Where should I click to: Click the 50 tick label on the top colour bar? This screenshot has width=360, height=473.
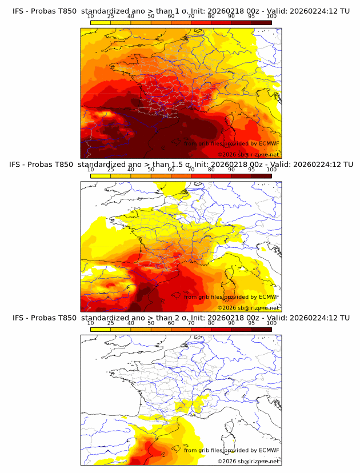(x=151, y=17)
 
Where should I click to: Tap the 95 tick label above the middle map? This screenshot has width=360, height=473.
(x=251, y=170)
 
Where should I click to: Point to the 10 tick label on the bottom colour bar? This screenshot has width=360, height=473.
(x=90, y=323)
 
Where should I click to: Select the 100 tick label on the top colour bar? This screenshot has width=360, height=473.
(x=271, y=17)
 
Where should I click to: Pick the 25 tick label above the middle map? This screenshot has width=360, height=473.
(x=110, y=170)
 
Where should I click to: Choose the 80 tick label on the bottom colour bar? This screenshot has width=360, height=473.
(x=211, y=323)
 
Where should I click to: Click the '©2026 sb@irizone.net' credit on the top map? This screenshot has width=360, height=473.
(x=248, y=155)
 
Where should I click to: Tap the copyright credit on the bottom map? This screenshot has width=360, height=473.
(x=248, y=461)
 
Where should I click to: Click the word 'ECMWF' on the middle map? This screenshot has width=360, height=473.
(x=269, y=297)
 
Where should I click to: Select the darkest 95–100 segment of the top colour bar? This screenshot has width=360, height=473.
(x=261, y=22)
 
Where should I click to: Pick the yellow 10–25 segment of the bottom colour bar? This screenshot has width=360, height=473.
(x=100, y=328)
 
